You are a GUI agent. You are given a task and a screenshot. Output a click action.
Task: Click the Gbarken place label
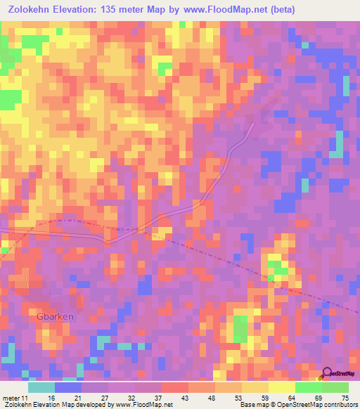pyautogui.click(x=55, y=316)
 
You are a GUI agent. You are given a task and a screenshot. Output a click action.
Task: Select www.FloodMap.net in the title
pyautogui.click(x=222, y=10)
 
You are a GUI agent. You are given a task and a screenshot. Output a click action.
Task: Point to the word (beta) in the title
pyautogui.click(x=278, y=10)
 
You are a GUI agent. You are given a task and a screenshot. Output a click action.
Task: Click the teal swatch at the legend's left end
pyautogui.click(x=41, y=387)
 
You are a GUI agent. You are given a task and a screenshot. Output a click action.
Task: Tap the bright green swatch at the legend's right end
pyautogui.click(x=335, y=387)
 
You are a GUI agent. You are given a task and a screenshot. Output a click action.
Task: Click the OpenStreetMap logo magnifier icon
pyautogui.click(x=326, y=373)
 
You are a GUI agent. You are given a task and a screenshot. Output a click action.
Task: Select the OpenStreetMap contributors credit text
pyautogui.click(x=326, y=405)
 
